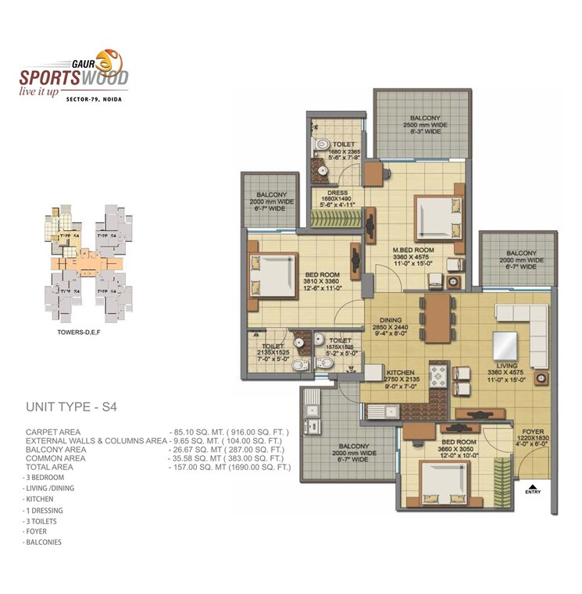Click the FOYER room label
533,430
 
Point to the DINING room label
391,319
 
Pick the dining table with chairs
436,310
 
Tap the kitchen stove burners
437,374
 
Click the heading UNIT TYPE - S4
71,407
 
